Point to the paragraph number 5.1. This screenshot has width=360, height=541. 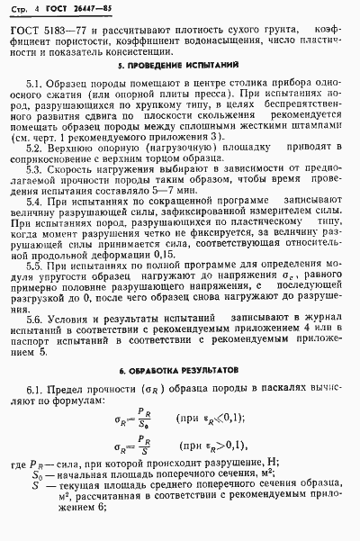[36, 83]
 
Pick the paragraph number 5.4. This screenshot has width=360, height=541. [36, 203]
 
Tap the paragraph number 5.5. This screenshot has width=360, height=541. [36, 267]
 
